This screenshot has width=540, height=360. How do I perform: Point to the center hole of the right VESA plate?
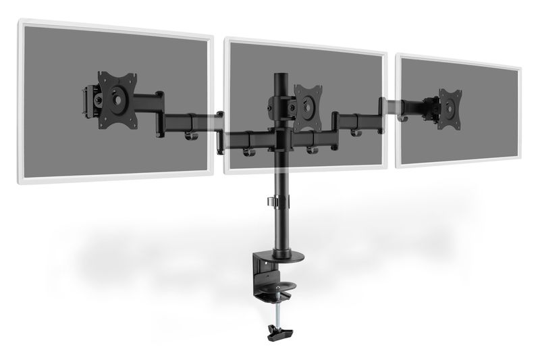[448, 105]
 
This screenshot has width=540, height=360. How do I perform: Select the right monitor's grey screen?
[486, 135]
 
